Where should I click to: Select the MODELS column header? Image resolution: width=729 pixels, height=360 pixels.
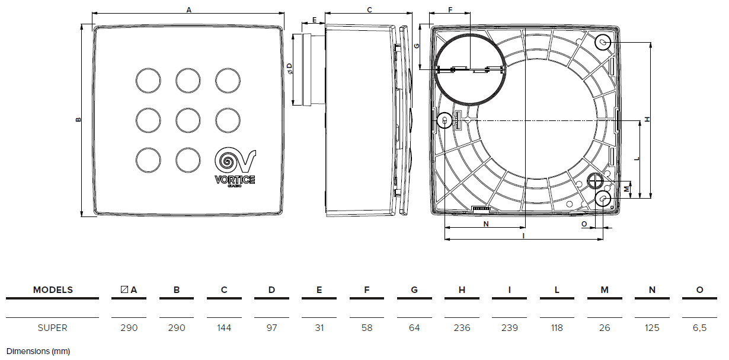[x=53, y=290]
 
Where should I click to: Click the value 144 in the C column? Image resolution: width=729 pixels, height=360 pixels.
[x=224, y=327]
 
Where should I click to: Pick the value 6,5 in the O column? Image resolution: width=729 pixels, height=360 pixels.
[x=699, y=327]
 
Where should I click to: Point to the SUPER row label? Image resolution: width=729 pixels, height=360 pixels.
[x=53, y=327]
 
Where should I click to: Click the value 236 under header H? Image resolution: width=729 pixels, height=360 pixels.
[x=462, y=327]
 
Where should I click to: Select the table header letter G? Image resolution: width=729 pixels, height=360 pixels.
[x=414, y=290]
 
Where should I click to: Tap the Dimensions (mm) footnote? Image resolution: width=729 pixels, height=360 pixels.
[x=38, y=351]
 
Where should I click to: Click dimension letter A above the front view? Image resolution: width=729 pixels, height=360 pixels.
[x=189, y=9]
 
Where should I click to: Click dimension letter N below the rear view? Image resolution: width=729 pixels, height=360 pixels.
[x=486, y=224]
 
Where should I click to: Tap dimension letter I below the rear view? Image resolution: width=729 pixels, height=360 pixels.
[x=524, y=235]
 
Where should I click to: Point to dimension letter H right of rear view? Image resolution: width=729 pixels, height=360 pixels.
[x=648, y=119]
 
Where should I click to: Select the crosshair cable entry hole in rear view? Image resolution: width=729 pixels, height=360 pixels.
[x=595, y=181]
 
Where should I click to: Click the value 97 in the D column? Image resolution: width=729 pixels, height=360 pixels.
[x=271, y=327]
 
